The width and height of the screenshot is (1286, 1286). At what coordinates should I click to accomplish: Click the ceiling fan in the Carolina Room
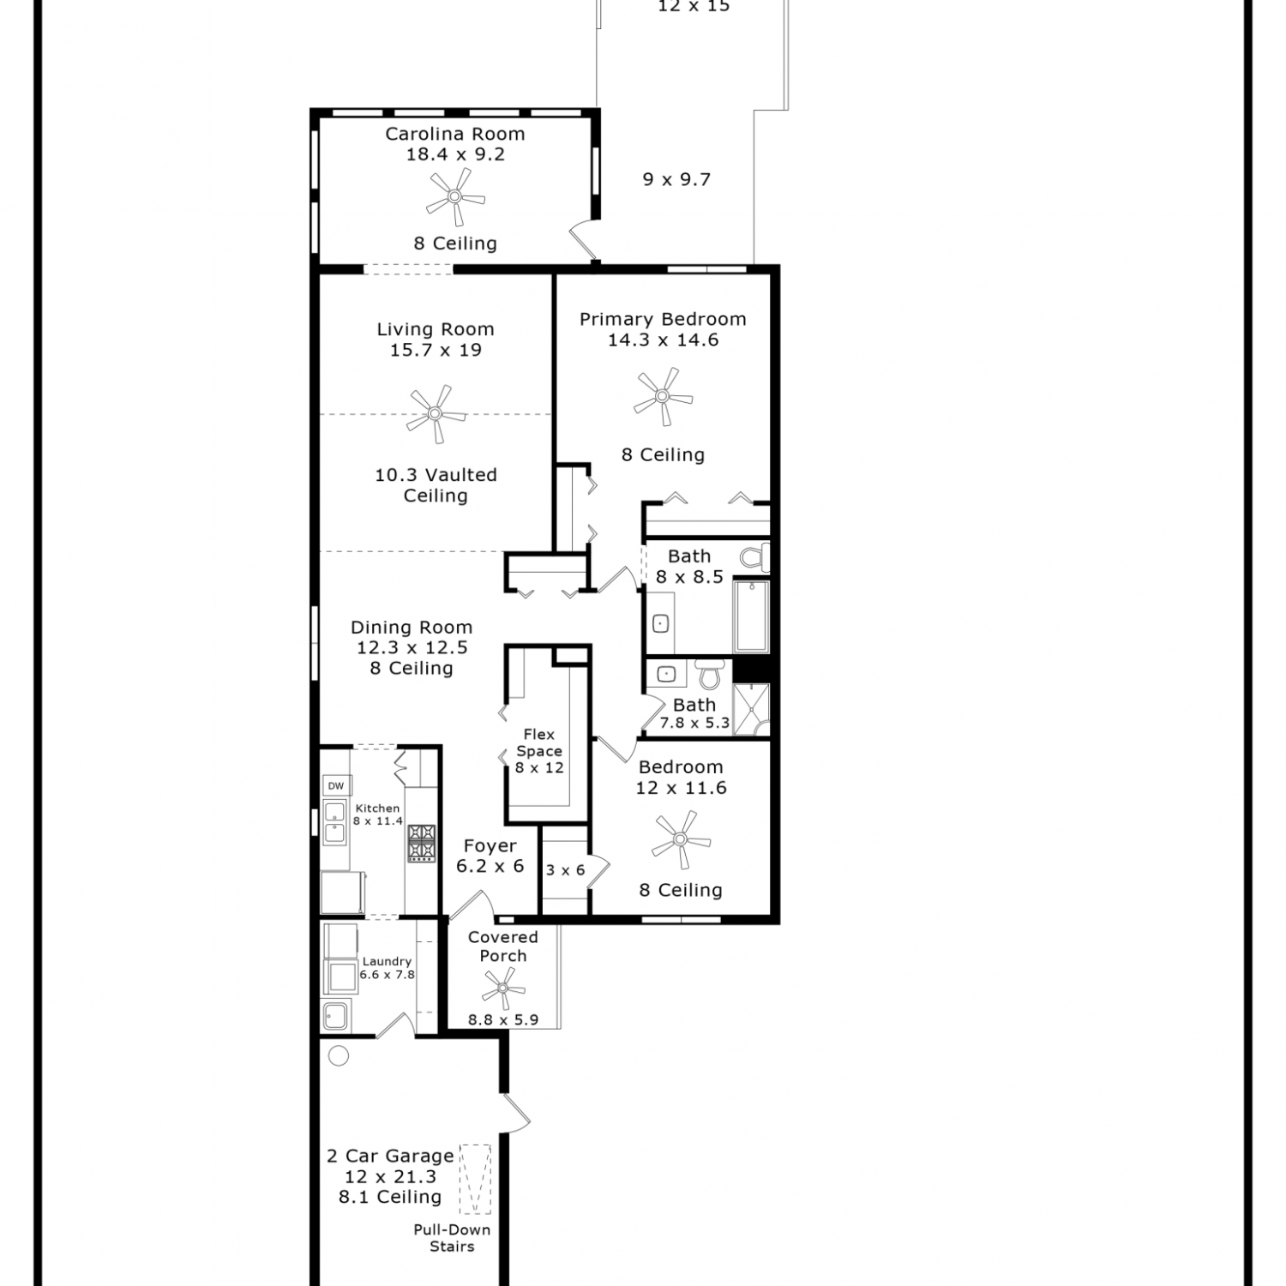[455, 196]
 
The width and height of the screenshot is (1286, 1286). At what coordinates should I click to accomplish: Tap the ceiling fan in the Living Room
[436, 414]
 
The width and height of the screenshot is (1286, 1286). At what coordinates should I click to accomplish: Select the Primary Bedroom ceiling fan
[663, 396]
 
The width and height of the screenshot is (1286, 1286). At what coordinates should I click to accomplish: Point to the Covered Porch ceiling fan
[503, 989]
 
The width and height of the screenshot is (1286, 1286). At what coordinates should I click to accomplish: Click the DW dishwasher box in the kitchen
[335, 785]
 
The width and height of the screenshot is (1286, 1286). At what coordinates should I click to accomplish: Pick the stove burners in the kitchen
[421, 843]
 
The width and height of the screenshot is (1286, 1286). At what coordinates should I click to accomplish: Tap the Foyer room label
[490, 846]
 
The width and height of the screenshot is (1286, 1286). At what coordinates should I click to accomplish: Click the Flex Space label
[539, 742]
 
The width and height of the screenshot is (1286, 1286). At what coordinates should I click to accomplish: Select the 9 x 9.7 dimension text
[676, 179]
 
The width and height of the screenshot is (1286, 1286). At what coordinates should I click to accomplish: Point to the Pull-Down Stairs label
[452, 1238]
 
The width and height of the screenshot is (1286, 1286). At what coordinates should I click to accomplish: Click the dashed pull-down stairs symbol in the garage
[475, 1179]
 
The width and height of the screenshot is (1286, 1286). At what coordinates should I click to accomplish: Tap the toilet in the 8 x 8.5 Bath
[754, 557]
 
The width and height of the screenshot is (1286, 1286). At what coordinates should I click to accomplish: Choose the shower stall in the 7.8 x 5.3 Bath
[751, 709]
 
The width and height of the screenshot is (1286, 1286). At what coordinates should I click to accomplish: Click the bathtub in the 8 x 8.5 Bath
[751, 616]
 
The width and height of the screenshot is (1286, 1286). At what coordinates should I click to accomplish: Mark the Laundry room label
[387, 962]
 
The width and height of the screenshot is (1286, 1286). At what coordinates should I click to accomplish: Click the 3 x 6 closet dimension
[566, 870]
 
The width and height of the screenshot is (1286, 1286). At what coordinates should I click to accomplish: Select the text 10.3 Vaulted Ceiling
[436, 485]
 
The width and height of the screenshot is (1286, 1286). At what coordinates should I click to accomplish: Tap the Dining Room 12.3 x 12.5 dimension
[412, 648]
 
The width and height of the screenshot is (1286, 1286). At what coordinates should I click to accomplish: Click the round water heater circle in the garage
[339, 1056]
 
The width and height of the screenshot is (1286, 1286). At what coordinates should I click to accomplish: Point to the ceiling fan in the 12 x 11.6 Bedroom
[681, 840]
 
